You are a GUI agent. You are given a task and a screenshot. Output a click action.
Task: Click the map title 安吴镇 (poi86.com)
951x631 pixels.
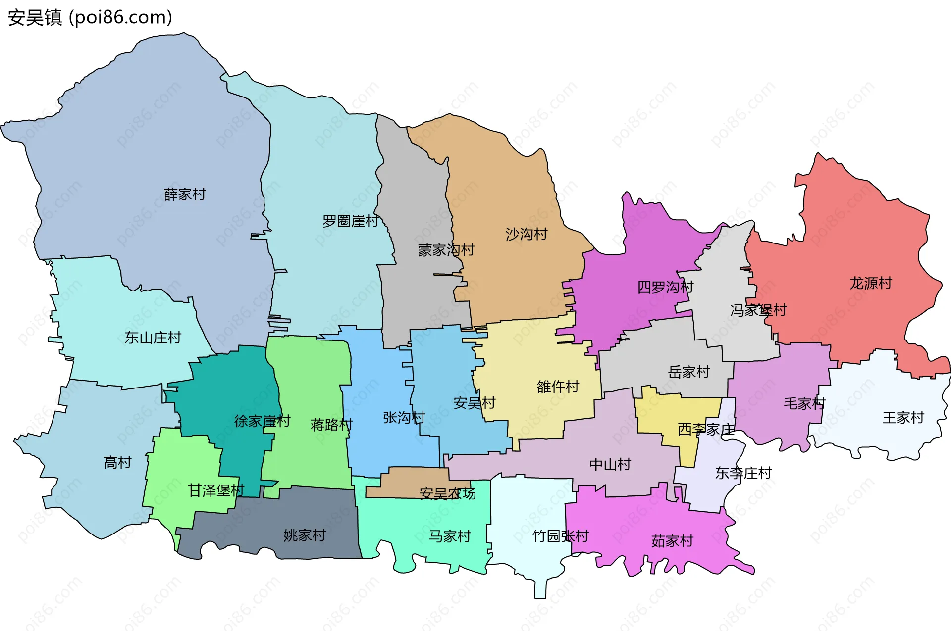90,17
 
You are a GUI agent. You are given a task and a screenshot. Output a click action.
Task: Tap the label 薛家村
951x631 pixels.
185,194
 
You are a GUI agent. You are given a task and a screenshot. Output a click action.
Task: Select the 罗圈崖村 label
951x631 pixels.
351,221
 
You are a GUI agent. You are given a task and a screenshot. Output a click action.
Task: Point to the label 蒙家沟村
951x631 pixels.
446,250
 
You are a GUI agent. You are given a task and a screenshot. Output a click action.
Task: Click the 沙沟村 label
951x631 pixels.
526,234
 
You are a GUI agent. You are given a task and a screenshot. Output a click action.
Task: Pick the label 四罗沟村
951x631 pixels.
665,287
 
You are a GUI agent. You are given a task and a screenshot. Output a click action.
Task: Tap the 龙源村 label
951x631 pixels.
871,283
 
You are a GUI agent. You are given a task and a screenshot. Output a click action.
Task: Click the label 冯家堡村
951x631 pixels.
758,310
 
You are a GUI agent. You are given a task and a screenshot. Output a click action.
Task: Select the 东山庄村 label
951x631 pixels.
153,338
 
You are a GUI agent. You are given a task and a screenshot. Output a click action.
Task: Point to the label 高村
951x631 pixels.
117,462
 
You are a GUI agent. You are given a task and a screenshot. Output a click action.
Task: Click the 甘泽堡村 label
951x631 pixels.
216,490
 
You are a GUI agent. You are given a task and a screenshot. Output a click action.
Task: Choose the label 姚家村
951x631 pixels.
304,535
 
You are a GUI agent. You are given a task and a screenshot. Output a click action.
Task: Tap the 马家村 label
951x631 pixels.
449,536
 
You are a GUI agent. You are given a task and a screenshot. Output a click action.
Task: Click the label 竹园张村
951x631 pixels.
560,536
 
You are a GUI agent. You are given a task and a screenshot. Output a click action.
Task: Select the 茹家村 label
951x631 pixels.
672,541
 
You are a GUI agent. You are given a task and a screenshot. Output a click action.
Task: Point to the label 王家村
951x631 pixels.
903,418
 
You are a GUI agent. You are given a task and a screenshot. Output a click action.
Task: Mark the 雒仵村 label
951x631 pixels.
558,387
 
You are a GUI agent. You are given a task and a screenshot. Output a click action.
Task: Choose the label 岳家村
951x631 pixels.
689,372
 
